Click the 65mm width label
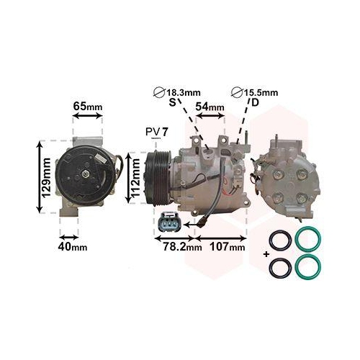point(89,107)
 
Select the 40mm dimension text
point(73,248)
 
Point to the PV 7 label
point(156,132)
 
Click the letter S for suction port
point(172,104)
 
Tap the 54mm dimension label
point(211,107)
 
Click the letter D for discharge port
point(255,104)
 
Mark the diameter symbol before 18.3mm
point(160,92)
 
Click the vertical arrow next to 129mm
point(35,177)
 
